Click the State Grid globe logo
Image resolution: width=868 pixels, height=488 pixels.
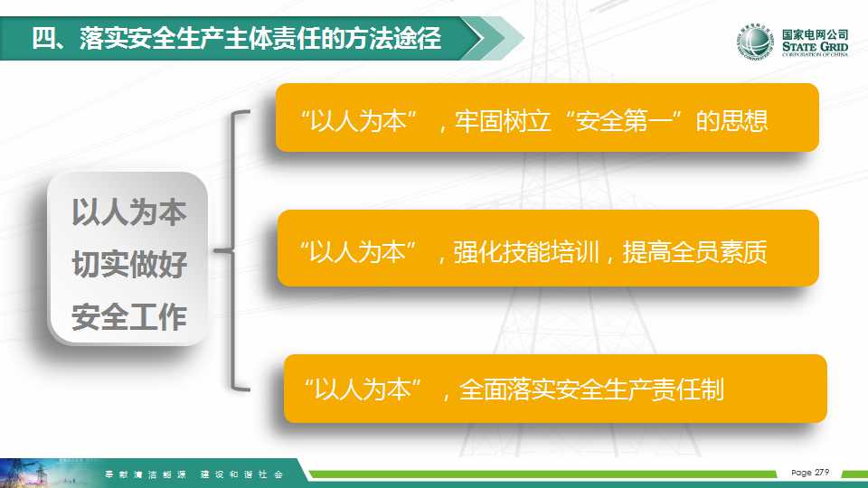754,41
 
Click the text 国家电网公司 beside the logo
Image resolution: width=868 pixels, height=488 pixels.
815,34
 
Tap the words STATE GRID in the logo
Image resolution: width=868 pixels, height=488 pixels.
815,46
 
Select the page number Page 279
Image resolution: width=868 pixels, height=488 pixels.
810,473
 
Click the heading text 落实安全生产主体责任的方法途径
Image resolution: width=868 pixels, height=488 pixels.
260,38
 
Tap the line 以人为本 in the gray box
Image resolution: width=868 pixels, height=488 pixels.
129,212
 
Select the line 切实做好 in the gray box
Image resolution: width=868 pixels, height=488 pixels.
129,265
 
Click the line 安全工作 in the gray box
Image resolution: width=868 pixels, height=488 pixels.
129,317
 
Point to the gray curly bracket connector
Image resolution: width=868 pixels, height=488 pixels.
231,250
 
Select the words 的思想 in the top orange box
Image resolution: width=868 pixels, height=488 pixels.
731,120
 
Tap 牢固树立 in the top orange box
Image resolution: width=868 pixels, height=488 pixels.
503,120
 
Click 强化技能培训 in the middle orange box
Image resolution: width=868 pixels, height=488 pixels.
526,252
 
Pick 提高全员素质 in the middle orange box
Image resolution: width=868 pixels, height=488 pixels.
694,252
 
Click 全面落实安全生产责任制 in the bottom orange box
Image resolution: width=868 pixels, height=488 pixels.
591,389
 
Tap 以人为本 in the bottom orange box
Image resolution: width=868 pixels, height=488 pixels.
363,389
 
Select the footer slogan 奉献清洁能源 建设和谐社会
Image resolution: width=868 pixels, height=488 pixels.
193,474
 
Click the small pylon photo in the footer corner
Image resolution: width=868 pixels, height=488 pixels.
33,473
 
